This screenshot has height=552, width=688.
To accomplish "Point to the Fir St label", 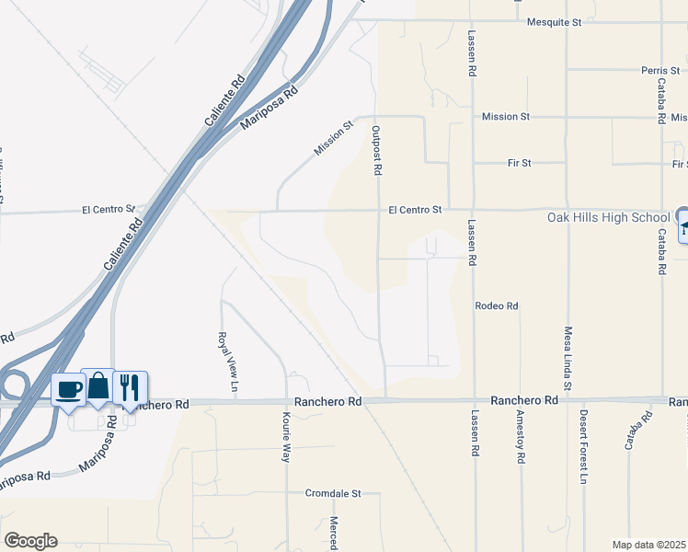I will click(520, 163).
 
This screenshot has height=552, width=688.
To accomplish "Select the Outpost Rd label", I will click(376, 151).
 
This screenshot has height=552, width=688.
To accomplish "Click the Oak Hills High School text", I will click(607, 217).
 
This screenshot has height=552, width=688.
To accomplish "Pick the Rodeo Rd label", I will click(497, 305).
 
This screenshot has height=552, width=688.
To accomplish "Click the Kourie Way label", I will click(286, 438).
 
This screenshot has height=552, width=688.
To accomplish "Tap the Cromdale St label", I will click(333, 493).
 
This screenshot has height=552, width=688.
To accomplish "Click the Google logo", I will click(30, 541).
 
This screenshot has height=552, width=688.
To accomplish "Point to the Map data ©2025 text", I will click(649, 545).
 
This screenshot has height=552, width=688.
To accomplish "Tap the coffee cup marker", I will click(70, 389).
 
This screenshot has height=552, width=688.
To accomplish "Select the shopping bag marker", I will click(98, 386).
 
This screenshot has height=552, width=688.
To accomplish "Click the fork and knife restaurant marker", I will click(130, 386).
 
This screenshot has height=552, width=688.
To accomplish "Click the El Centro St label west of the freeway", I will click(109, 209).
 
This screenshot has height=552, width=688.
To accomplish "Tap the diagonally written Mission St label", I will click(333, 138).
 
